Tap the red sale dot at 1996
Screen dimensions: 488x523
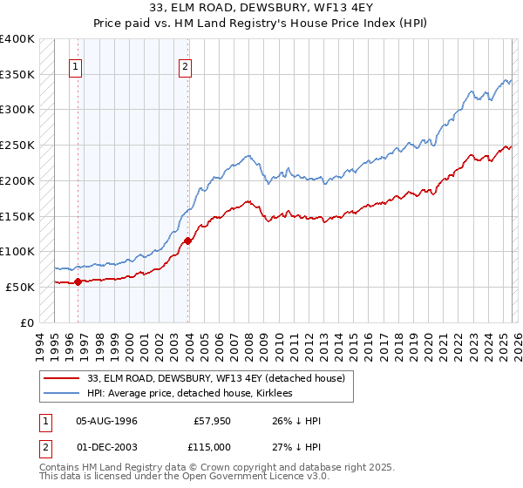point(78,281)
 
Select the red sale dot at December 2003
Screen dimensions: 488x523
point(188,241)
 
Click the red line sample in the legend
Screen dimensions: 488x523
point(62,378)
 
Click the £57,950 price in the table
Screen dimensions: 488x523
point(211,420)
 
